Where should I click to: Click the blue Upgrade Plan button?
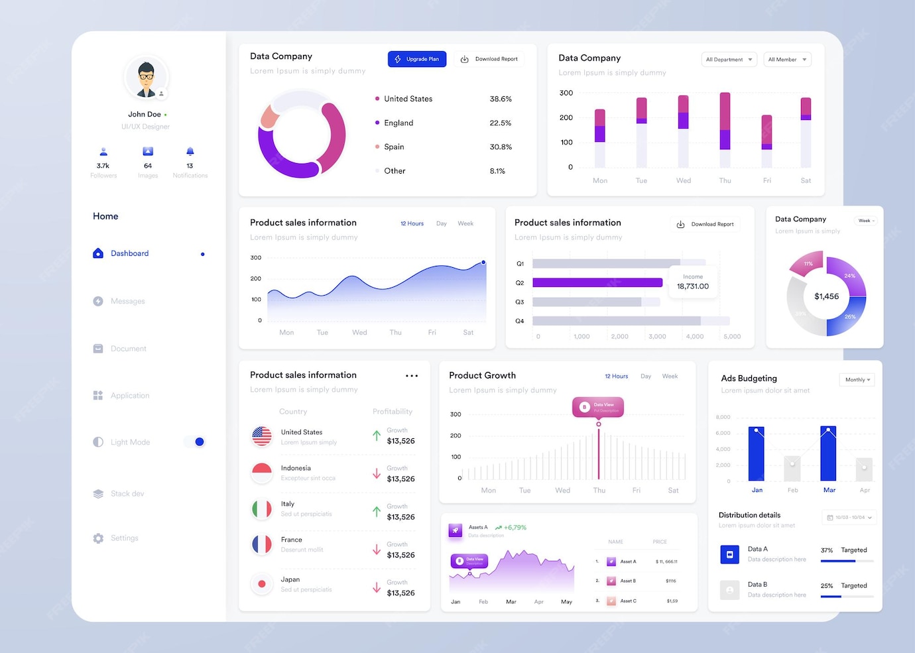417,59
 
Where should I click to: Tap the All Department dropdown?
729,60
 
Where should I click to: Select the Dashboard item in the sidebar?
129,253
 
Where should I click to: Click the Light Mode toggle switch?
196,442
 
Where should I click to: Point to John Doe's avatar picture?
146,78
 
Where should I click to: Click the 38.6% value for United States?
501,99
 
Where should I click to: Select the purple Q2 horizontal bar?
597,282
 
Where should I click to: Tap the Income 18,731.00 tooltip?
693,282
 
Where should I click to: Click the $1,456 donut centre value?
826,296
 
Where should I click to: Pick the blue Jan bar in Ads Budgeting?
757,454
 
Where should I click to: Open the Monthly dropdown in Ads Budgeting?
857,380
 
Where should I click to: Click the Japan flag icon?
262,584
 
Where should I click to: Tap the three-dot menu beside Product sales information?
412,376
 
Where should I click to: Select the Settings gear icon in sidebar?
98,538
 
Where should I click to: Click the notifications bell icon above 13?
190,152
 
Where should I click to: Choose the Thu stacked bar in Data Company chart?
725,129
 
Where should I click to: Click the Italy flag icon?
262,509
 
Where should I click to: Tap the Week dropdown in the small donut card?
866,221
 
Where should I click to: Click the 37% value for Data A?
827,550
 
